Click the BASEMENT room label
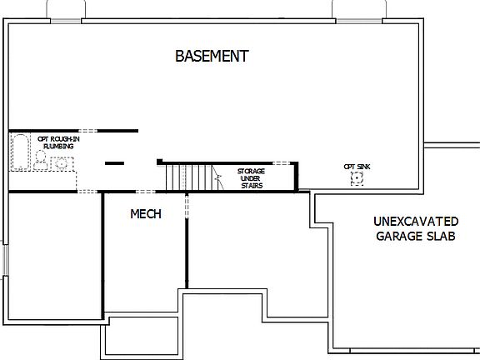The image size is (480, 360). pos(212,57)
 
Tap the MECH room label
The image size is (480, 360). pos(146,214)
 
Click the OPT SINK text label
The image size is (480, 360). pos(357,166)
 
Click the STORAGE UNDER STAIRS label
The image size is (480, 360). pos(250,177)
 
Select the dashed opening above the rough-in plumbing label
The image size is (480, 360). pos(87,131)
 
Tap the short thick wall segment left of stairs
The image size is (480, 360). pos(115,162)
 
